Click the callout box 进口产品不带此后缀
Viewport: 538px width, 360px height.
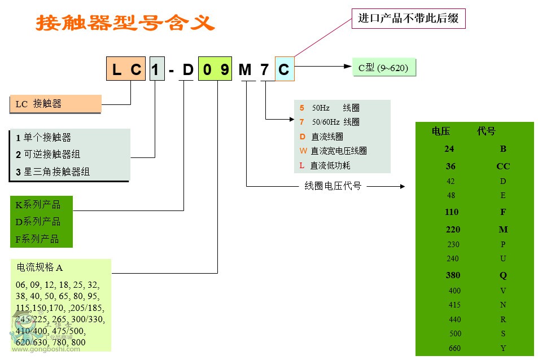(x=408, y=18)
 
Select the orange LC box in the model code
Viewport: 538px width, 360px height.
(x=126, y=69)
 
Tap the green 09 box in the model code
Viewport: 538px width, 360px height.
(x=215, y=69)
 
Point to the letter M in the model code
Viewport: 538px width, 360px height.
(x=245, y=69)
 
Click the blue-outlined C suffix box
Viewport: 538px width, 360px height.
(x=284, y=69)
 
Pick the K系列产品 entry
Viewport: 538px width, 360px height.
(x=38, y=205)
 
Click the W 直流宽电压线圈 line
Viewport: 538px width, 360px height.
(x=333, y=151)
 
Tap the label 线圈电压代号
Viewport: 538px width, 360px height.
(x=333, y=186)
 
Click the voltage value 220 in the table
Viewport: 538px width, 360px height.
(x=453, y=230)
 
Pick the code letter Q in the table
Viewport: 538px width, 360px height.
(x=503, y=275)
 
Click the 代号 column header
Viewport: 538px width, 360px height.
(x=486, y=131)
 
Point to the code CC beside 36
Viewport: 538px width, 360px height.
(x=503, y=166)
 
